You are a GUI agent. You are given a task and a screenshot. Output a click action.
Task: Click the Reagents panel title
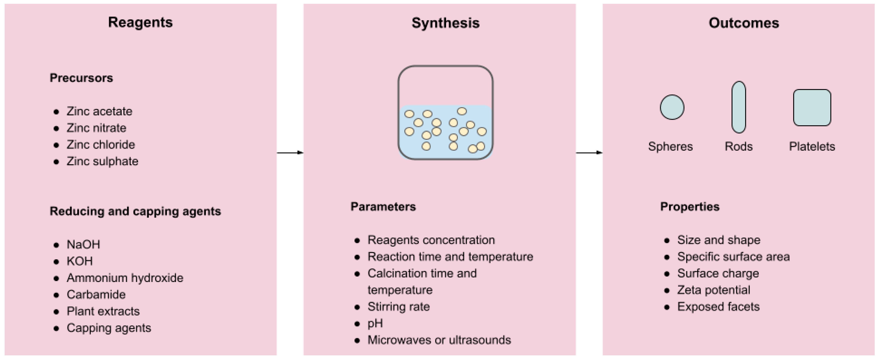(140, 22)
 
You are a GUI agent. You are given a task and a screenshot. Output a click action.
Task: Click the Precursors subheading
(81, 78)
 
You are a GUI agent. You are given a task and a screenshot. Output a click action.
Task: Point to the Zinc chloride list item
(101, 145)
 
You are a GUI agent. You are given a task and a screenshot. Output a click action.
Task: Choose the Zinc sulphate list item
(102, 161)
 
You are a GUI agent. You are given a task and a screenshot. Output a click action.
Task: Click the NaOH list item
(83, 244)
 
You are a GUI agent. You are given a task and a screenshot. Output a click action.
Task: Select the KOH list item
(80, 261)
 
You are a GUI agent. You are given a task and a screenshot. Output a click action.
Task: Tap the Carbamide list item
(96, 294)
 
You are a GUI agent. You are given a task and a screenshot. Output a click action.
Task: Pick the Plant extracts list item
(103, 311)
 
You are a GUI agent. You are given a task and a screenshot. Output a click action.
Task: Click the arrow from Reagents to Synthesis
(290, 153)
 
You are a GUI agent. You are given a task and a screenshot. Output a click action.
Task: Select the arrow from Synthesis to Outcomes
(589, 153)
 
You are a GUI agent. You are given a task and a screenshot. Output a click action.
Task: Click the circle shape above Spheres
(672, 107)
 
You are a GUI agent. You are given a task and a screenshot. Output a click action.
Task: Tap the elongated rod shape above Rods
(739, 107)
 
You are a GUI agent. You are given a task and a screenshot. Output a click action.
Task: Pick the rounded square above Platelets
(812, 107)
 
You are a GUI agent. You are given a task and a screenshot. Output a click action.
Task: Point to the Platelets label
(812, 147)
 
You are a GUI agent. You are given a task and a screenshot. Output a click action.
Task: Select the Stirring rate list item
(398, 307)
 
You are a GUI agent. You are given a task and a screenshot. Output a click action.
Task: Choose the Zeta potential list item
(714, 290)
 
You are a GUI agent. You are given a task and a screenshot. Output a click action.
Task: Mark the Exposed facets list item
(718, 307)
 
